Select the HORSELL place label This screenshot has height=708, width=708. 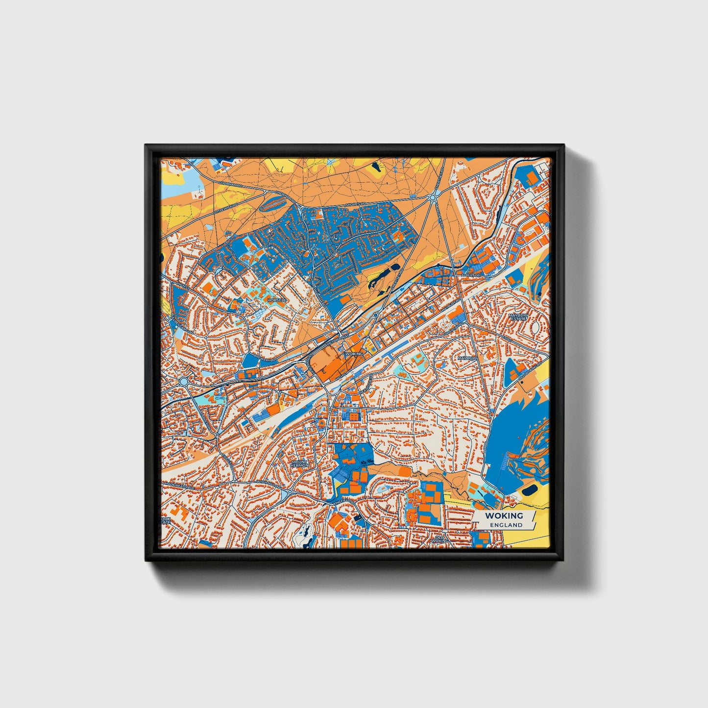(x=277, y=299)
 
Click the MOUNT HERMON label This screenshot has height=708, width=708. (x=300, y=463)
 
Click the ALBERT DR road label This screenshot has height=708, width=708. (x=468, y=275)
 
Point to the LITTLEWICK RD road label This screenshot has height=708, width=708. (x=226, y=209)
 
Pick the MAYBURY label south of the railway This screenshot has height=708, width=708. (x=467, y=358)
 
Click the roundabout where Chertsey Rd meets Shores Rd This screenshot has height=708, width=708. (x=432, y=197)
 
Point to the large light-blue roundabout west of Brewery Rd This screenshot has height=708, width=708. (x=184, y=381)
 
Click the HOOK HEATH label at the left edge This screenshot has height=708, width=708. (x=166, y=520)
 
